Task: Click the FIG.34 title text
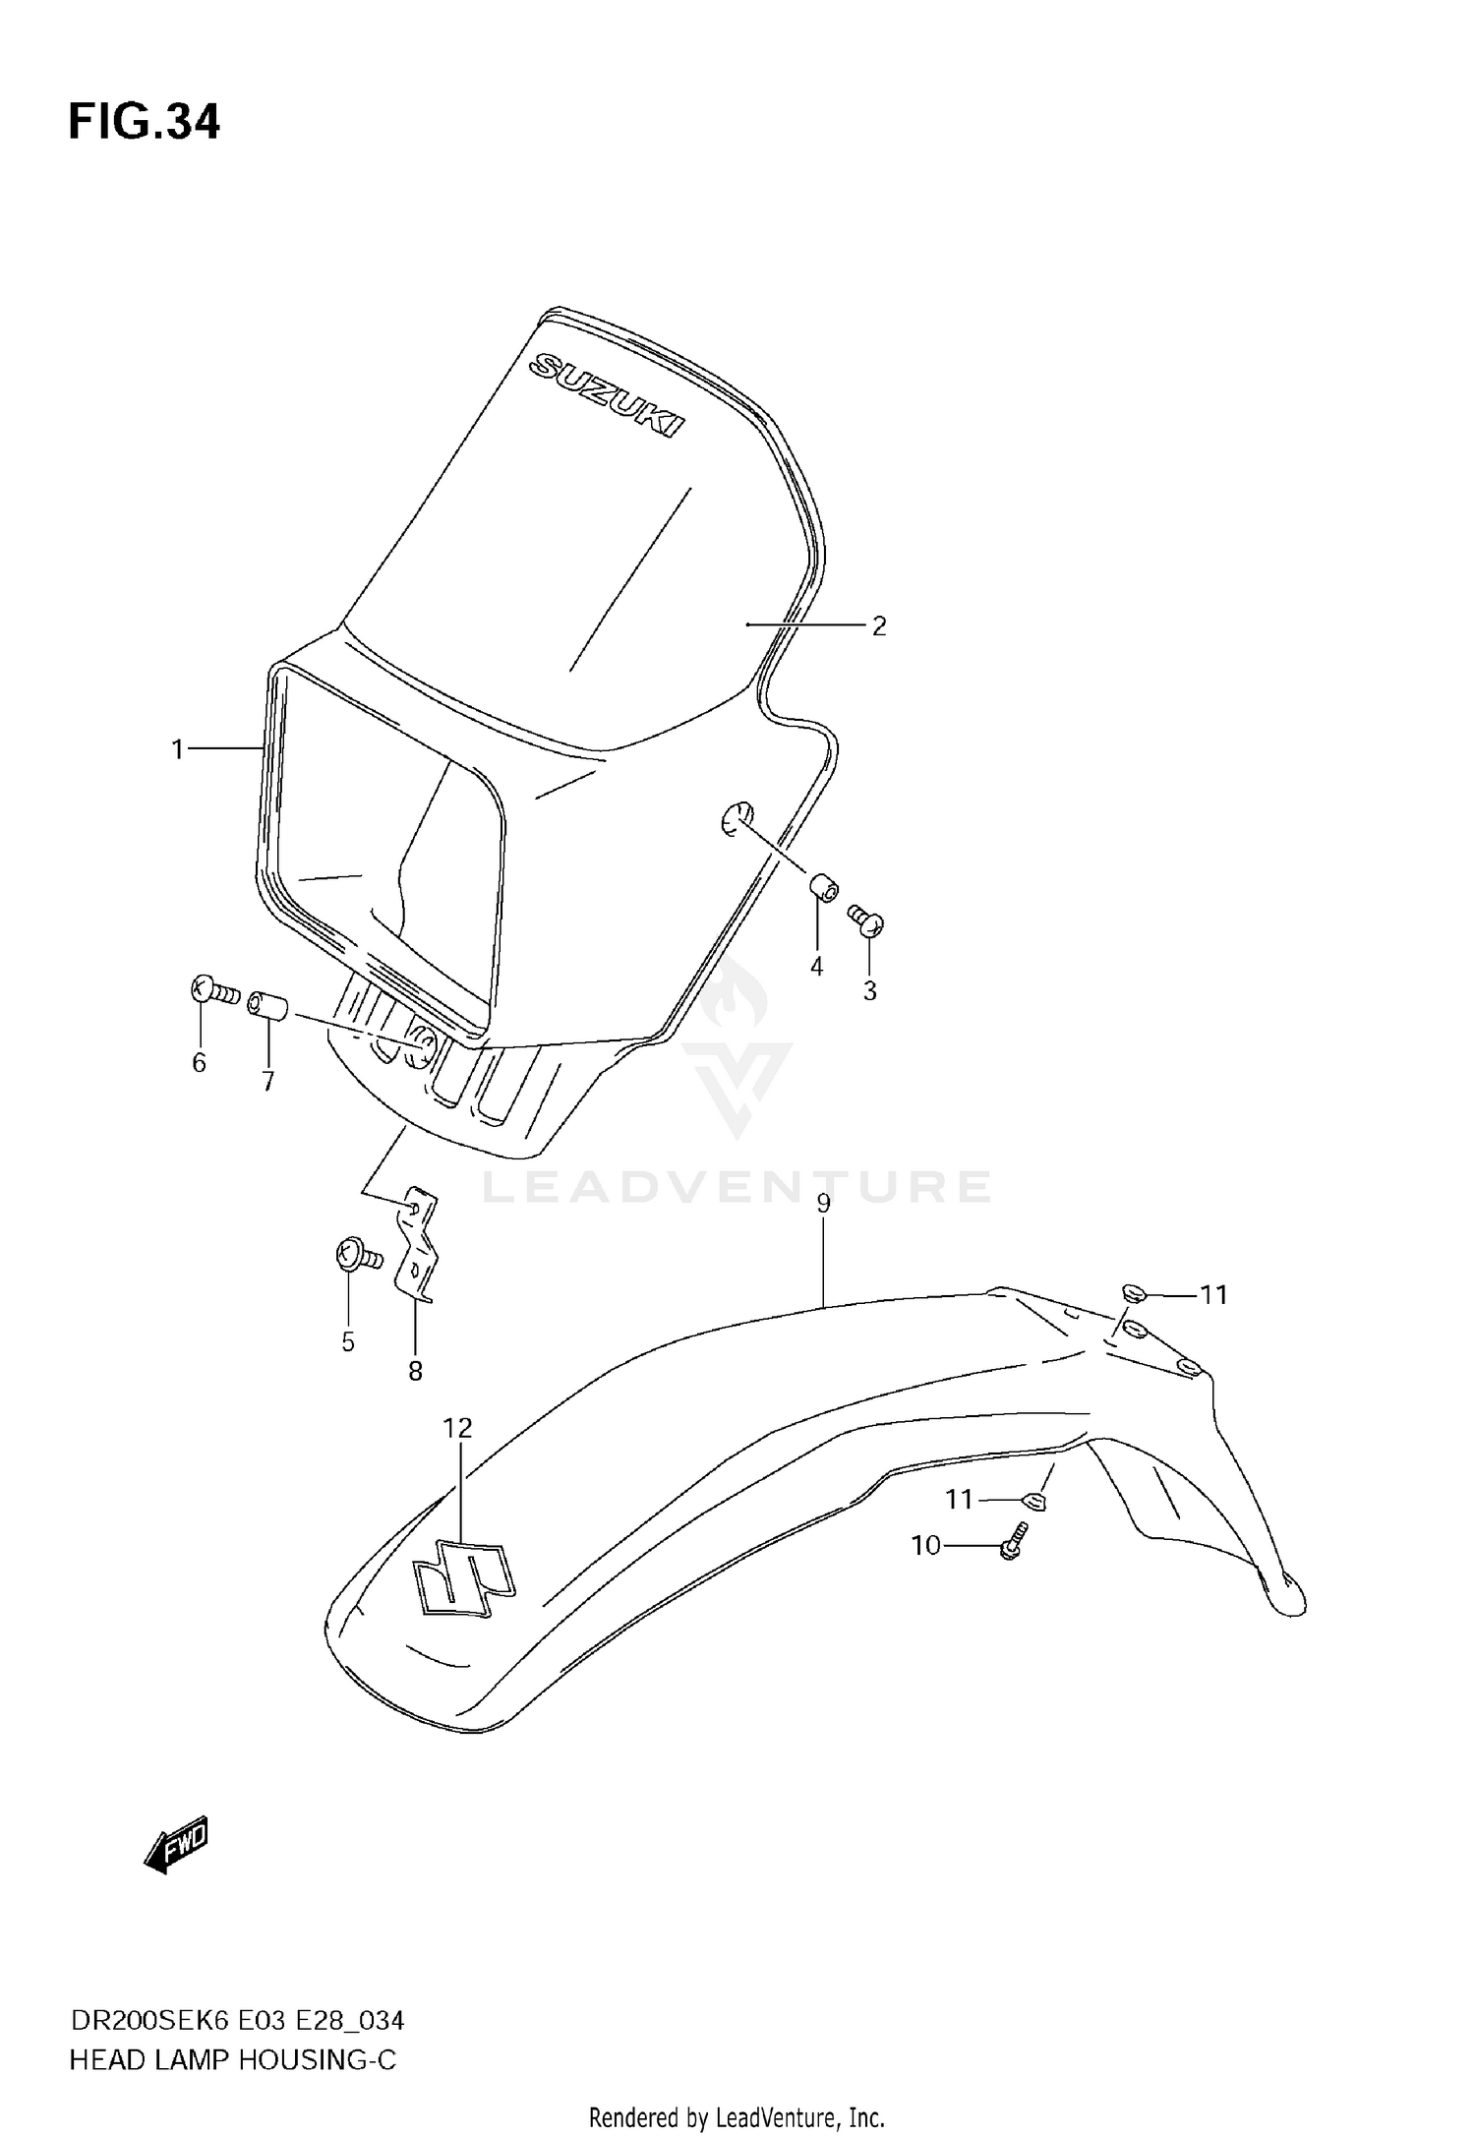click(145, 123)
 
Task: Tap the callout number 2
click(879, 626)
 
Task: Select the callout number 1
click(177, 750)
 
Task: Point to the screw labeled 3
click(867, 921)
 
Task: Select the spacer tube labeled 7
click(267, 1008)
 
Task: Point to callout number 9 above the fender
click(823, 1204)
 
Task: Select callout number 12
click(457, 1428)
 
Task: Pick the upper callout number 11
click(1214, 1295)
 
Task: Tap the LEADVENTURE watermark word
click(737, 1187)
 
